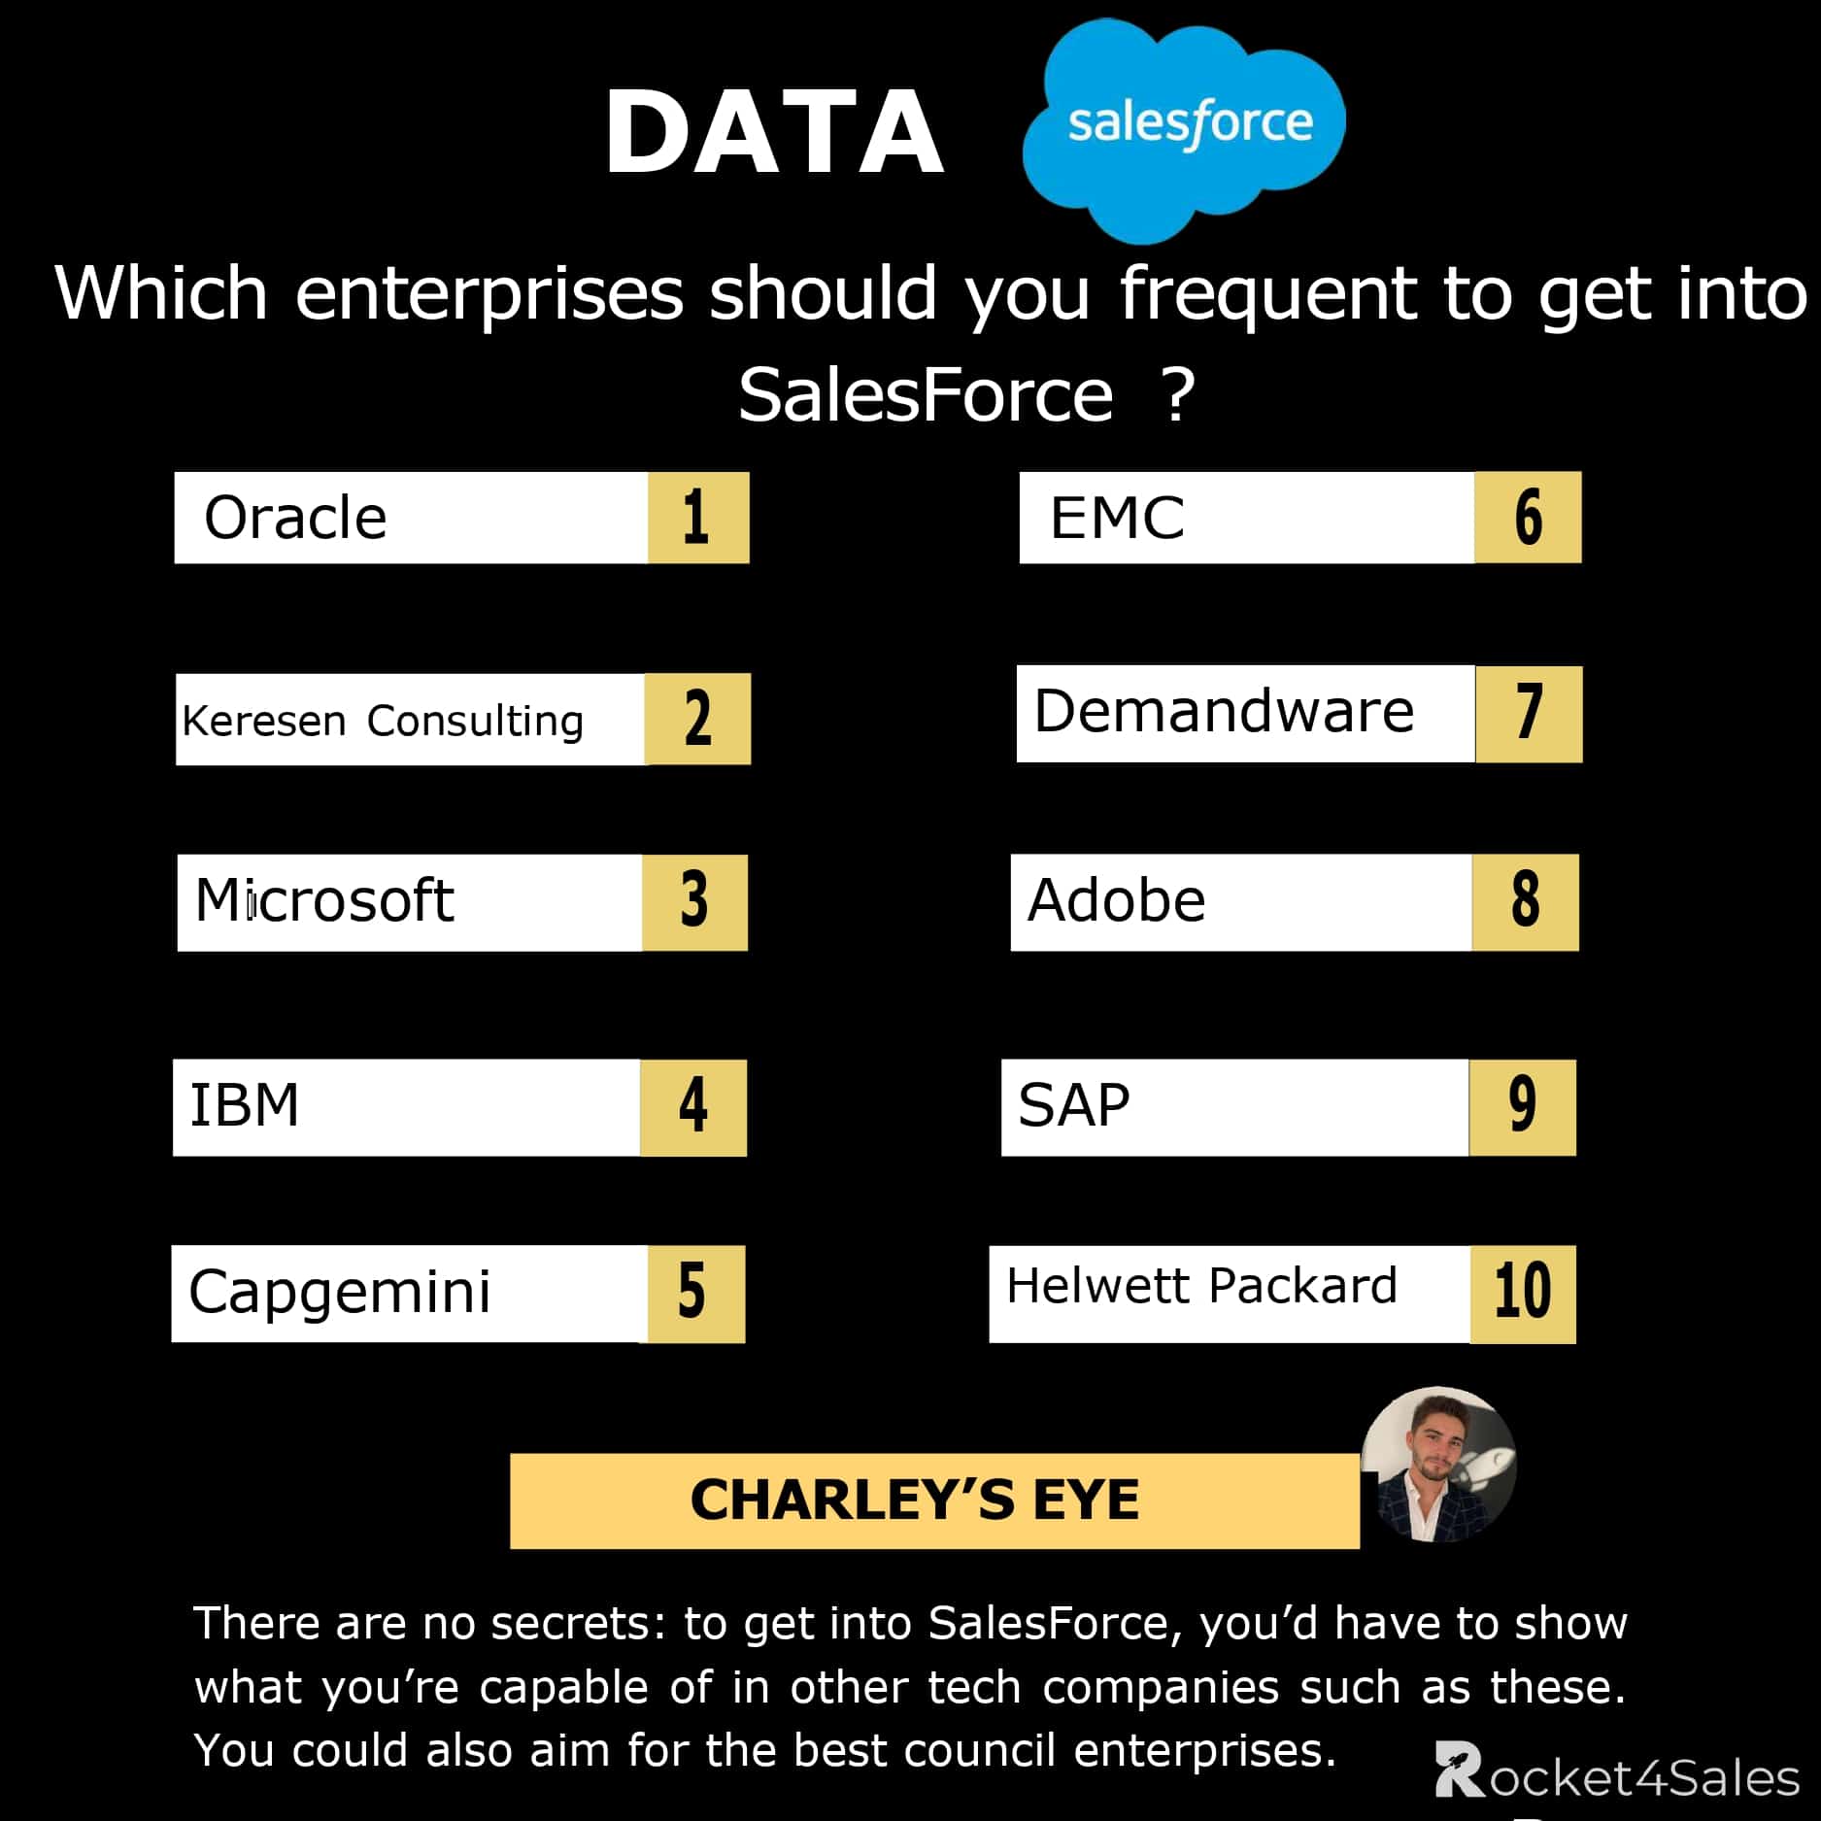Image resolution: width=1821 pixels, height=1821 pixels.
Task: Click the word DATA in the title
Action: click(x=774, y=132)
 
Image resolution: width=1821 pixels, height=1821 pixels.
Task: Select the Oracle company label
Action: click(x=295, y=518)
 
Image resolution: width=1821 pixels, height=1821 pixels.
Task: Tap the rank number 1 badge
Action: click(x=696, y=518)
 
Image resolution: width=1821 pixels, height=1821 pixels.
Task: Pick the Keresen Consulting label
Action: click(x=383, y=721)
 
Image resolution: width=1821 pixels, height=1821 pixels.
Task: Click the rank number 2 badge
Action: click(x=697, y=719)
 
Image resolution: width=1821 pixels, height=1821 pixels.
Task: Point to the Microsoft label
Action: click(x=324, y=901)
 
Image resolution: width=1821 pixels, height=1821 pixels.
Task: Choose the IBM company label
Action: click(x=245, y=1106)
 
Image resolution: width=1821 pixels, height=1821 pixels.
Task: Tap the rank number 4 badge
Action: click(x=692, y=1107)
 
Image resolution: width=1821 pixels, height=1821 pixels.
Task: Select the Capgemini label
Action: click(x=340, y=1293)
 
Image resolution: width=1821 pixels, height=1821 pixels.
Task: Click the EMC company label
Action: click(x=1117, y=518)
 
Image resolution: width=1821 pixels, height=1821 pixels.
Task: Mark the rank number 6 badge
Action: click(x=1528, y=518)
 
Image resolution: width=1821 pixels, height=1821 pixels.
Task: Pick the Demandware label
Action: click(x=1224, y=712)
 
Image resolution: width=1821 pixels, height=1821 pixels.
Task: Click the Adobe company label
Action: click(x=1117, y=901)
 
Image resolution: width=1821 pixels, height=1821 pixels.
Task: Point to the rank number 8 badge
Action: click(x=1525, y=901)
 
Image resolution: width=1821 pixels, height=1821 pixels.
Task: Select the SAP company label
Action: click(x=1074, y=1106)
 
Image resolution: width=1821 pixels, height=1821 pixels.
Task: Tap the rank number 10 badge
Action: click(x=1522, y=1294)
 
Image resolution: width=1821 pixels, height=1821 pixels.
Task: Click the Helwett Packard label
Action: click(x=1201, y=1287)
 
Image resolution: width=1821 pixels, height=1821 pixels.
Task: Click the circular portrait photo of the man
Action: click(x=1438, y=1464)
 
